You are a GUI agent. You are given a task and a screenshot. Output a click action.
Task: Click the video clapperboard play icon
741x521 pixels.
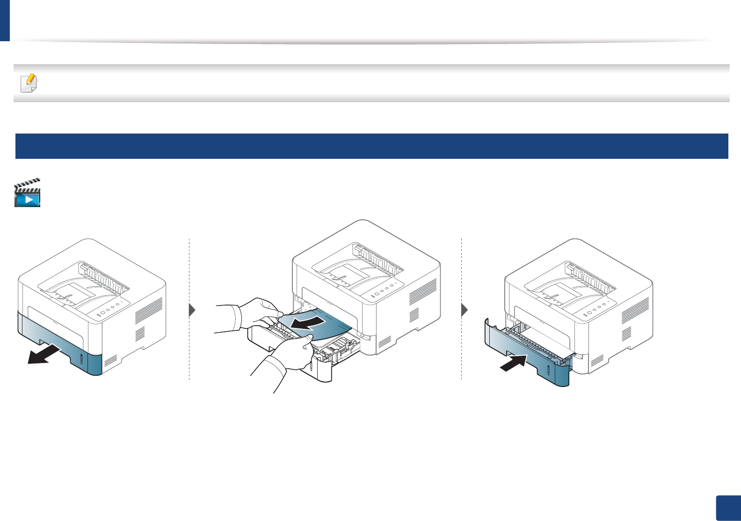(28, 193)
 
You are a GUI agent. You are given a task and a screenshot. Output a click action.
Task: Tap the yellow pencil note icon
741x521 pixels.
(29, 83)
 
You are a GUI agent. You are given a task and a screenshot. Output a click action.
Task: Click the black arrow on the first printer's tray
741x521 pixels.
(44, 354)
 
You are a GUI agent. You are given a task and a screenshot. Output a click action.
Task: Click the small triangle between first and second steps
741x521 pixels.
(192, 310)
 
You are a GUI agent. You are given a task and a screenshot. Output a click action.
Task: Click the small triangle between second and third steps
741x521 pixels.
(464, 310)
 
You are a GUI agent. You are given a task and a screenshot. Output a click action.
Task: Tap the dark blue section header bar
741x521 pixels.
(371, 146)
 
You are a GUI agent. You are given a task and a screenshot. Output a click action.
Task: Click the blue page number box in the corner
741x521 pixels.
(728, 508)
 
